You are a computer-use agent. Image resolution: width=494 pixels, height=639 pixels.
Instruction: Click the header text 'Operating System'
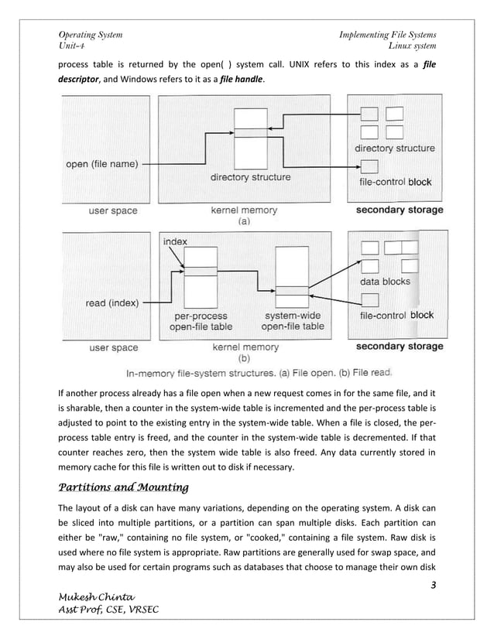[x=90, y=35]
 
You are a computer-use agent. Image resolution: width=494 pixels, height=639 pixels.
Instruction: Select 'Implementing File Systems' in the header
[x=387, y=35]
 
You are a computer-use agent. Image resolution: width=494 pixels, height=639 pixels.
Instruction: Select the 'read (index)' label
[x=111, y=303]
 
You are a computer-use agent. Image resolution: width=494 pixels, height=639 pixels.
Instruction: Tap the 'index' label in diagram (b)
[x=175, y=242]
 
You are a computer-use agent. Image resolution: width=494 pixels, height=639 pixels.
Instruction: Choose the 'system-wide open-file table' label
[x=292, y=322]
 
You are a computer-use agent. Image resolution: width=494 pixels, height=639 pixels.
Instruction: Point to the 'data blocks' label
[x=386, y=282]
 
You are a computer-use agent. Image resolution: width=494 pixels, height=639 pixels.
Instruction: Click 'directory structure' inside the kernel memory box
[x=250, y=177]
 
